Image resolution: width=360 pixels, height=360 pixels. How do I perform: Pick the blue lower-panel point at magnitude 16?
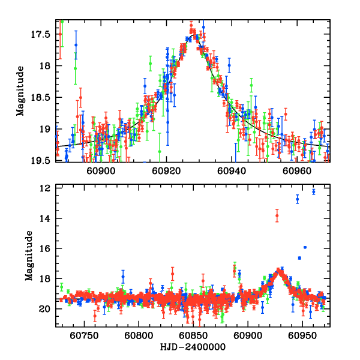(x=305, y=247)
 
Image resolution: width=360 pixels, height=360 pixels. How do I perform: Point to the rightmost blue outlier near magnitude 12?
(x=313, y=192)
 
